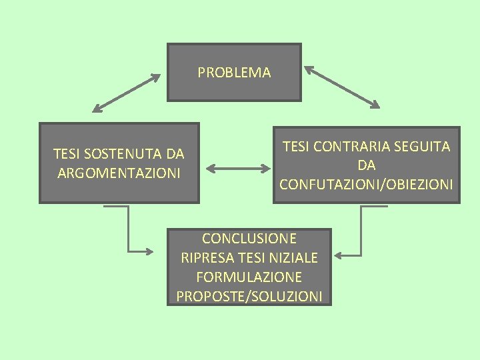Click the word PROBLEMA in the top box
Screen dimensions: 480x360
point(234,73)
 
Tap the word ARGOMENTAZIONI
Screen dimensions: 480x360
point(119,173)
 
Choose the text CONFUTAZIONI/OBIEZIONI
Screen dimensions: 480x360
point(366,183)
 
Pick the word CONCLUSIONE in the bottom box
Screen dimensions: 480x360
point(249,238)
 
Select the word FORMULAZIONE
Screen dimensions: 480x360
point(249,276)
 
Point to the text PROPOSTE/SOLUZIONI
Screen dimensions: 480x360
point(249,295)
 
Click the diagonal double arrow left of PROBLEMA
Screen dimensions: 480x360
point(127,92)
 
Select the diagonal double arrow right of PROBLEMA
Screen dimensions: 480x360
point(342,87)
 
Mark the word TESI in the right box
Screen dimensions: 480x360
point(296,146)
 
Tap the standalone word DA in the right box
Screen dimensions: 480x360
point(366,165)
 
